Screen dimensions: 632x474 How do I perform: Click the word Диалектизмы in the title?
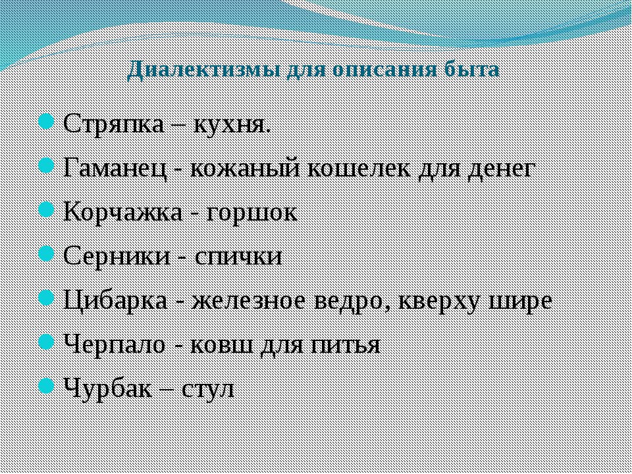coord(203,70)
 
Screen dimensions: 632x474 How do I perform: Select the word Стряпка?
coord(115,124)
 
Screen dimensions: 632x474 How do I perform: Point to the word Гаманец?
coord(115,169)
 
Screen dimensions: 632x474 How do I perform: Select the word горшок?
coord(251,213)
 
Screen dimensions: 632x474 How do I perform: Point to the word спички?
coord(238,257)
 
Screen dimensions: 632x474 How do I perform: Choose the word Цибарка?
coord(116,301)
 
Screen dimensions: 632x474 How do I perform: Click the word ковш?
coord(221,346)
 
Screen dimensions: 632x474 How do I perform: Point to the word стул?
coord(208,389)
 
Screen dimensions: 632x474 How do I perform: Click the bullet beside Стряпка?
coord(46,122)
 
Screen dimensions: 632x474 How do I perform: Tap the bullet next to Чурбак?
coord(46,386)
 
